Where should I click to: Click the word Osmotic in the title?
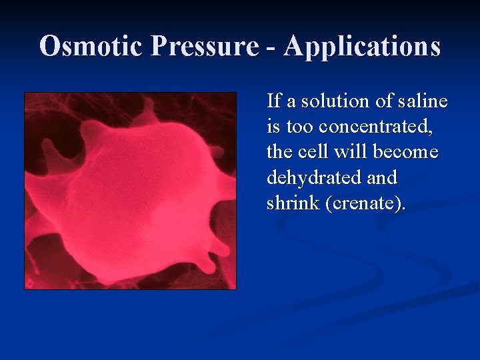pyautogui.click(x=92, y=47)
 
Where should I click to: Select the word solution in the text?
pyautogui.click(x=325, y=101)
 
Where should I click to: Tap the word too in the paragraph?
pyautogui.click(x=299, y=127)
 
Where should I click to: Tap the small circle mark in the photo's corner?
pyautogui.click(x=29, y=283)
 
